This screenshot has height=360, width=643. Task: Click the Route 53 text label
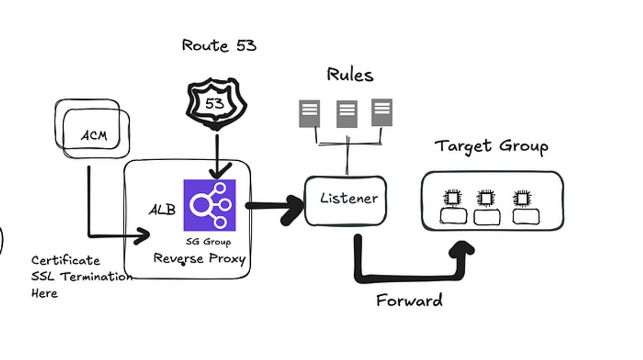pos(219,46)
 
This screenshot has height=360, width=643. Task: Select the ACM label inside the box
pos(94,135)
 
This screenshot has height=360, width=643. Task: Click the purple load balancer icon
pos(210,205)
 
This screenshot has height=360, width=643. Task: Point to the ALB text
pos(162,209)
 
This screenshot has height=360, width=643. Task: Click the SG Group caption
pos(208,242)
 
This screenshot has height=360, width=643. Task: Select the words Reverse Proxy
pos(199,259)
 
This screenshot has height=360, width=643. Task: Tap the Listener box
pos(346,200)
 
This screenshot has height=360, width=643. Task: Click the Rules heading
pos(350,75)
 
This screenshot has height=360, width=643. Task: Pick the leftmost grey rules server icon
pos(309,113)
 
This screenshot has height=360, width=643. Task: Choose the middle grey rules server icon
pos(347,114)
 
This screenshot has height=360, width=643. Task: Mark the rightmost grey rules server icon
pos(382,112)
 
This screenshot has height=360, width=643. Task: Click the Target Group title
pos(491,146)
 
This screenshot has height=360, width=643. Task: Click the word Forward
pos(409,300)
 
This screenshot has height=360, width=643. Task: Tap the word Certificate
pos(65,261)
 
